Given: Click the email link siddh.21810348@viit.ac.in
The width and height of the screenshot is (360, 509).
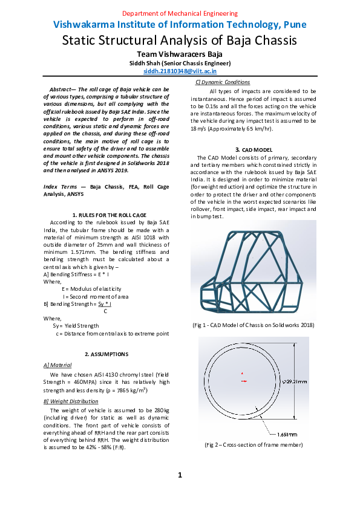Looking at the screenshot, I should pos(180,71).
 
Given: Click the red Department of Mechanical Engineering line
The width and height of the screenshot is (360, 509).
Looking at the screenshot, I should pos(180,13).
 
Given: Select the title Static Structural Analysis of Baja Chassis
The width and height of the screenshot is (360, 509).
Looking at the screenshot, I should pos(180,41).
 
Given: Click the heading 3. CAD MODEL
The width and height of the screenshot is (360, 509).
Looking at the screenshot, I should pos(253,149).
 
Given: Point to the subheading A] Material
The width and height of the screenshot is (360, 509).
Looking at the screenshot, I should pos(57,365).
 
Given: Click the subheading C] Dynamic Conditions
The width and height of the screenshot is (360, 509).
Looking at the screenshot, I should pos(222,82).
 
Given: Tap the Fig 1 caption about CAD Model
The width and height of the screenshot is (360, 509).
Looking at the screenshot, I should pos(253,325).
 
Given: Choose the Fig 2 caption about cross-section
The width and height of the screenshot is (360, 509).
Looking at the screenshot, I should pos(253,445).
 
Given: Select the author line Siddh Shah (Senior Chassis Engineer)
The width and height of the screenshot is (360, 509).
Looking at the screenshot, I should pos(180,63).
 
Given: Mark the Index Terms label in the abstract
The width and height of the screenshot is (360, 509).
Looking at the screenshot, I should pos(65,188).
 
